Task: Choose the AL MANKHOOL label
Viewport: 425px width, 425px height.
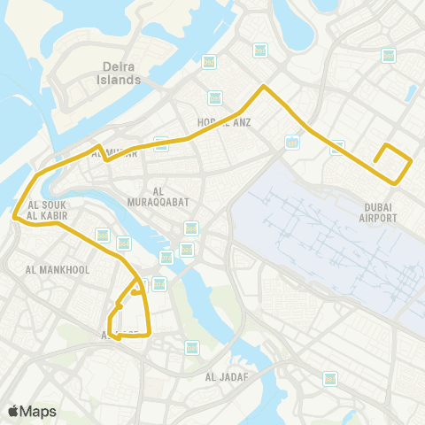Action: coord(58,269)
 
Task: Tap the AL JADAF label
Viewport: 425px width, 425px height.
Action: coord(225,377)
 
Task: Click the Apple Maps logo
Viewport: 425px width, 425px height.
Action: coord(31,412)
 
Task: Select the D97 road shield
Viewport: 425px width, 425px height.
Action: coord(388,55)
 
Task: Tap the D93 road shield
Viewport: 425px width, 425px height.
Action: coord(337,148)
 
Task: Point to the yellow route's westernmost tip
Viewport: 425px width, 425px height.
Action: coord(14,215)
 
